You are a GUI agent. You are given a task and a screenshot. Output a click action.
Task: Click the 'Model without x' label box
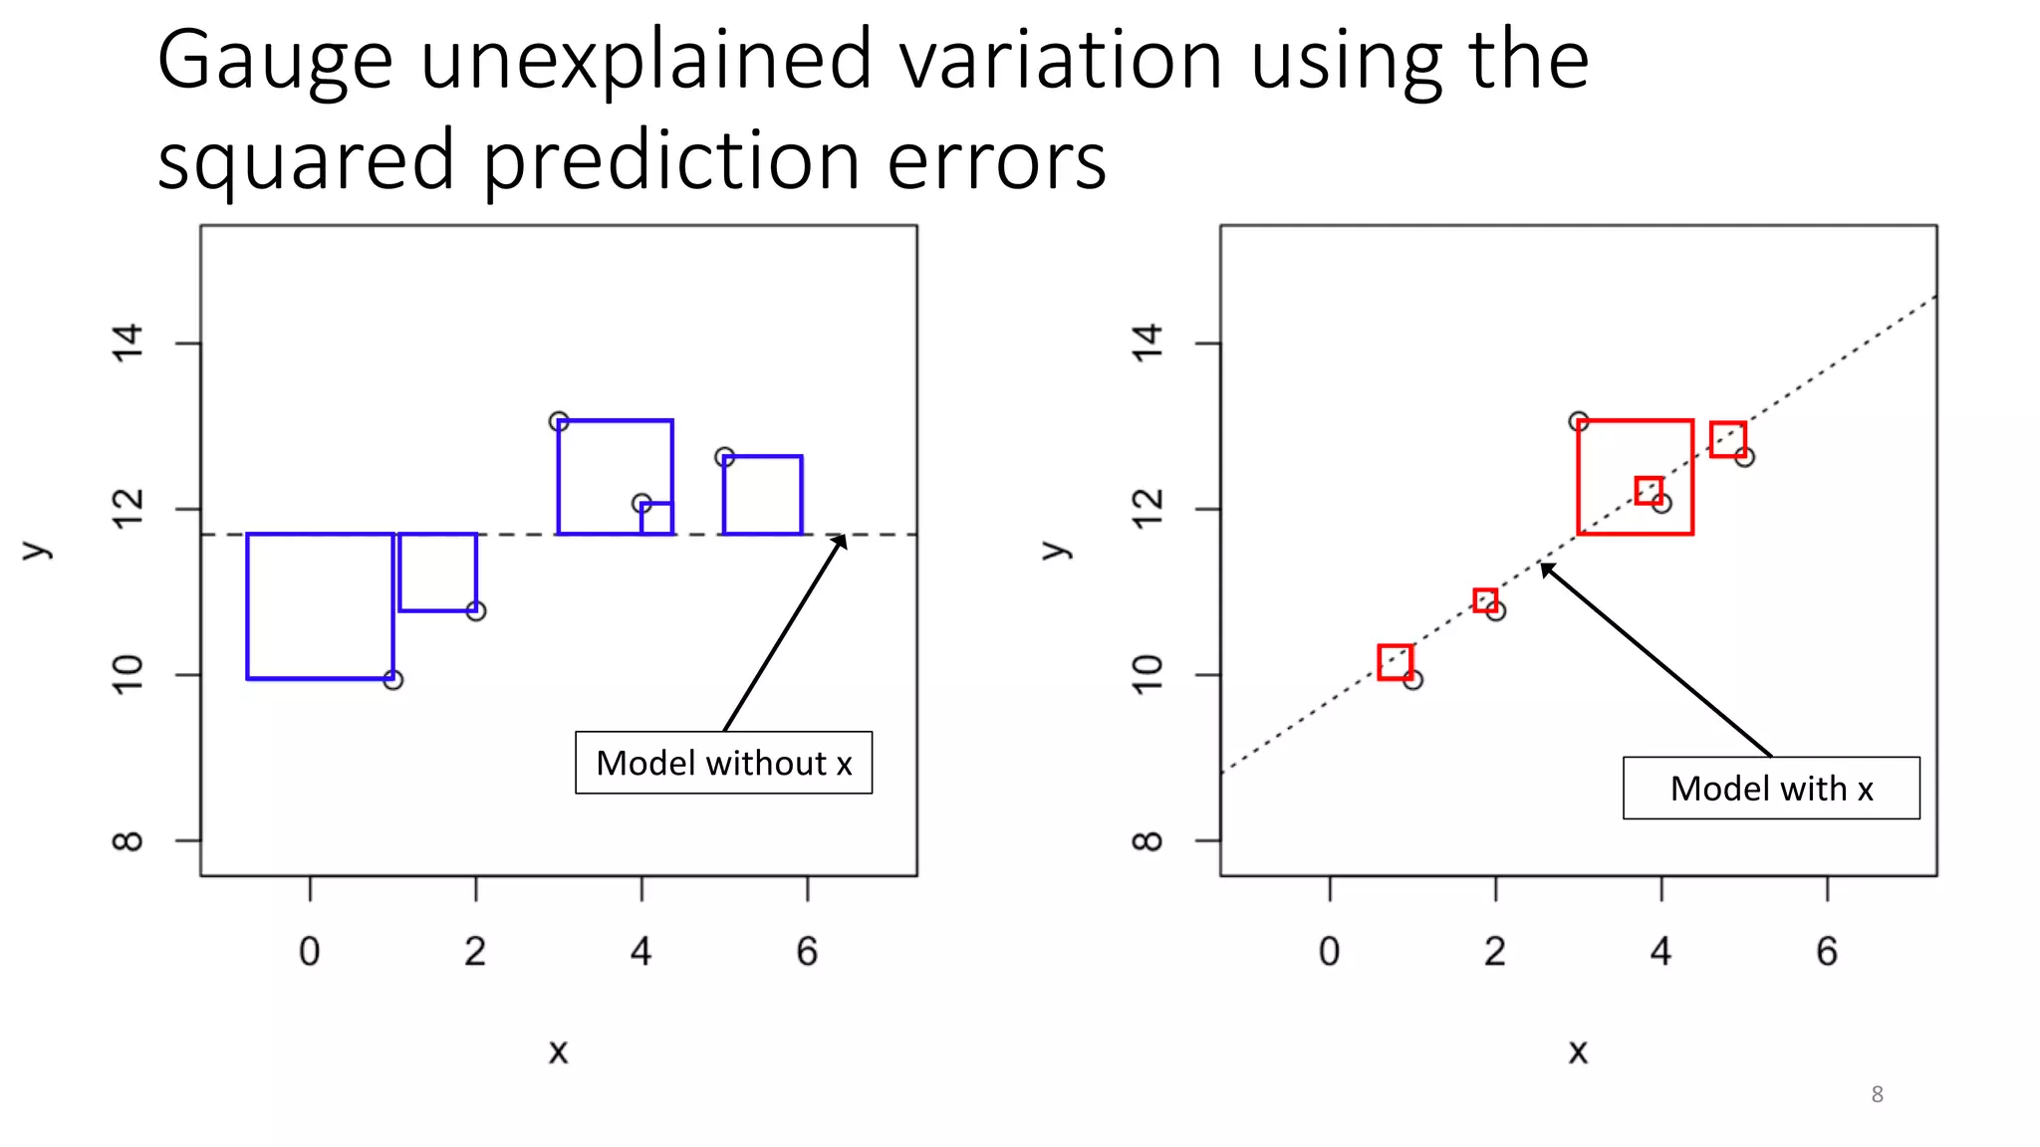tap(723, 763)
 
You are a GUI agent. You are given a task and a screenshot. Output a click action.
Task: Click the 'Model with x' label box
tap(1770, 788)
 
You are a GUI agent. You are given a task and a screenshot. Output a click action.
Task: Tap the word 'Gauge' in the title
tap(275, 62)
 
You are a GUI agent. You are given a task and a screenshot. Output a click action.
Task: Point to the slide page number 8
tap(1877, 1094)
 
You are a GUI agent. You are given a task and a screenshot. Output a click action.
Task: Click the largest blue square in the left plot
tap(320, 606)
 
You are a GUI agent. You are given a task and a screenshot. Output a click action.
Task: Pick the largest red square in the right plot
tap(1635, 477)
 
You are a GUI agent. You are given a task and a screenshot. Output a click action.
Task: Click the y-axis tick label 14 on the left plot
tap(128, 344)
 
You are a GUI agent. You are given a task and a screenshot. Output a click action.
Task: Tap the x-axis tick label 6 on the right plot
tap(1826, 952)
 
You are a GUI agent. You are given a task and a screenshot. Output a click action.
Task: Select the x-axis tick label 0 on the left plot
tap(310, 952)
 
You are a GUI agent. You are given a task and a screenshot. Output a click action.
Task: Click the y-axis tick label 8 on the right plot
tap(1147, 841)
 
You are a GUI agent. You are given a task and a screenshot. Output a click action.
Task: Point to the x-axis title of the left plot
tap(558, 1051)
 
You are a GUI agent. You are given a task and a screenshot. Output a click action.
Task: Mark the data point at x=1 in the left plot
tap(393, 680)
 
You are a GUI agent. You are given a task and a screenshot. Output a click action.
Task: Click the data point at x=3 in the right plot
tap(1579, 421)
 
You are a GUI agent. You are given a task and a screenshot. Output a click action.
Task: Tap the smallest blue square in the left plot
tap(656, 519)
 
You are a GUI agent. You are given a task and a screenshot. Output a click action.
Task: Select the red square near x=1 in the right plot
tap(1395, 662)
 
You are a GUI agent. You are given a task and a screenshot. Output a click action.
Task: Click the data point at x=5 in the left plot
tap(724, 457)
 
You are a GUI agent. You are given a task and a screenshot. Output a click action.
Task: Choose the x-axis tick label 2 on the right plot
tap(1494, 952)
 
